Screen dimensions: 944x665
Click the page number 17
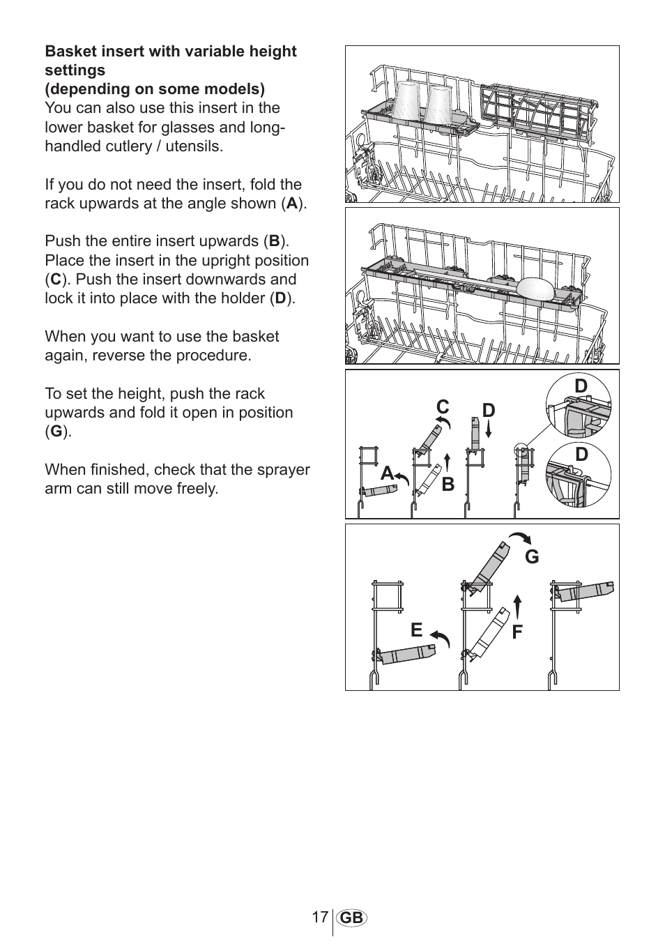click(319, 917)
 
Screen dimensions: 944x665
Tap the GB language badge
click(352, 918)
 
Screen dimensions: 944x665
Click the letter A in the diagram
click(388, 473)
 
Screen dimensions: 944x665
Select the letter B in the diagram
click(448, 484)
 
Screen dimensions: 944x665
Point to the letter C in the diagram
click(443, 406)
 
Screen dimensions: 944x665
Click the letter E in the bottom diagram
click(416, 630)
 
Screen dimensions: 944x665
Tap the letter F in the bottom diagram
click(517, 632)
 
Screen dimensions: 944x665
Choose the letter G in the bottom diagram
click(532, 556)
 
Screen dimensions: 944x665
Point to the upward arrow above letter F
click(517, 606)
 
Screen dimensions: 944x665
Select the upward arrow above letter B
click(447, 462)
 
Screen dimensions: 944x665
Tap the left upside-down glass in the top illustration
click(406, 100)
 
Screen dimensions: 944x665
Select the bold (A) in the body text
click(293, 204)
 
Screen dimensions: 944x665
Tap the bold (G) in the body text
click(56, 432)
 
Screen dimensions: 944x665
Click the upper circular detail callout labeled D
click(579, 406)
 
